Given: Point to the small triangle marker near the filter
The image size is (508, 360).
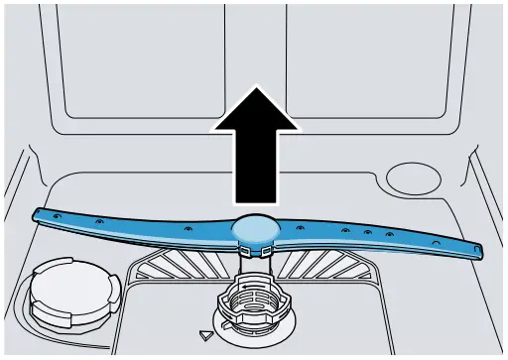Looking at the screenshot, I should pyautogui.click(x=206, y=336).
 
